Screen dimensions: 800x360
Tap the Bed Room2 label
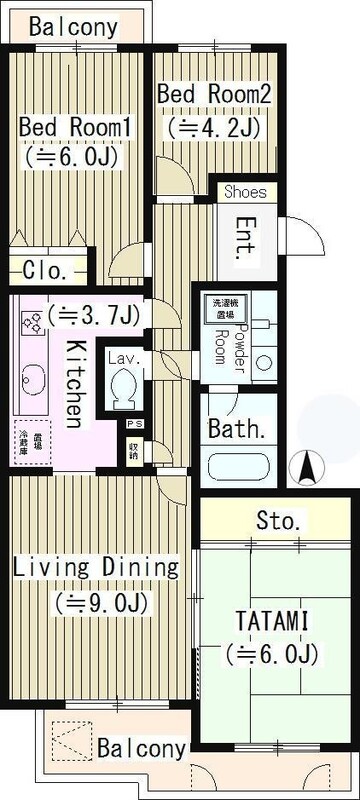click(x=214, y=93)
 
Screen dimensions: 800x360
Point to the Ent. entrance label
click(x=246, y=240)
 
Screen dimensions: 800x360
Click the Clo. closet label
click(x=45, y=269)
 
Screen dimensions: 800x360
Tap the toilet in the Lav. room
click(x=124, y=389)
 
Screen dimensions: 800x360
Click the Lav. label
click(x=123, y=358)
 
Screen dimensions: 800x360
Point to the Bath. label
click(x=237, y=430)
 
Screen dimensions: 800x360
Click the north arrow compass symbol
click(x=309, y=467)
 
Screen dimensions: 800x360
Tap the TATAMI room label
click(x=272, y=621)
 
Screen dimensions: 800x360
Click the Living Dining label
click(x=96, y=568)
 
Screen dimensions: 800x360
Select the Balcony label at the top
click(x=73, y=27)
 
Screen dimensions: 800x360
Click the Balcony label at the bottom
click(x=142, y=748)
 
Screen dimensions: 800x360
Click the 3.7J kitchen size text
click(x=84, y=315)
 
